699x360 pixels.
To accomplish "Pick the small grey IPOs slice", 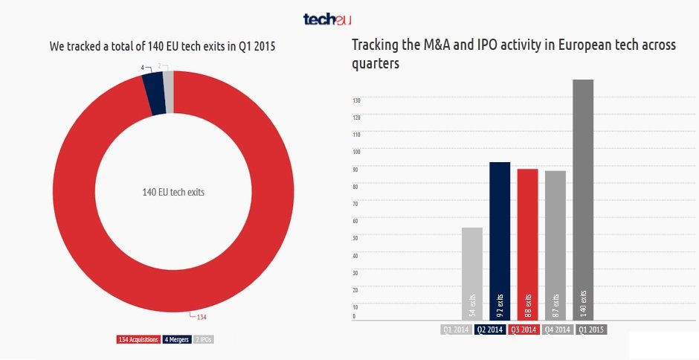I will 168,91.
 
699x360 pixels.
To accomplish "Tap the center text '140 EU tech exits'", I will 173,192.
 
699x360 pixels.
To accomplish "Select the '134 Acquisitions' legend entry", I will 138,340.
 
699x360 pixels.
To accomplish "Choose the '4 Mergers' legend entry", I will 175,340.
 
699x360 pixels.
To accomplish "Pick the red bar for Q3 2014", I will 528,245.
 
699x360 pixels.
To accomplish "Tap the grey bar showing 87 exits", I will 555,245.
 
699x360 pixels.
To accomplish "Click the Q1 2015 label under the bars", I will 591,330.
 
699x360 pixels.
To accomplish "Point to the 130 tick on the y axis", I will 356,100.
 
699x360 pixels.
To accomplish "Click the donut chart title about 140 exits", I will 162,47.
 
